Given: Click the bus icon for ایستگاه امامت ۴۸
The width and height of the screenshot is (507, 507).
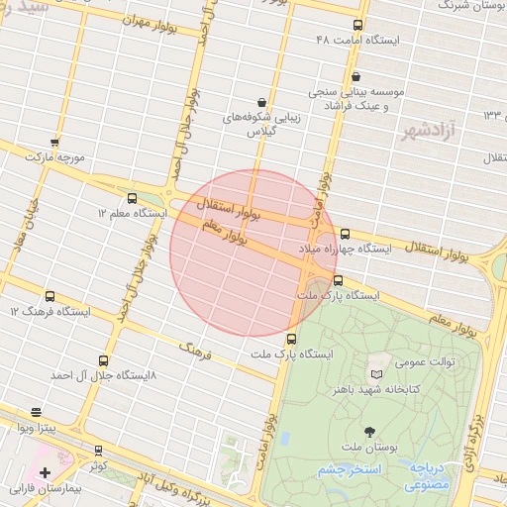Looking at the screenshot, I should click(x=357, y=26).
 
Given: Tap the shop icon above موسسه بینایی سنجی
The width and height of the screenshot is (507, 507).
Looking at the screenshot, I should click(x=355, y=77).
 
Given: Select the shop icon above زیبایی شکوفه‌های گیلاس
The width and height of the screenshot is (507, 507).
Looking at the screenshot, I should click(x=260, y=101).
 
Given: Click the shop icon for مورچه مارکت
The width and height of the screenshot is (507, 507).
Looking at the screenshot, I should click(x=54, y=143).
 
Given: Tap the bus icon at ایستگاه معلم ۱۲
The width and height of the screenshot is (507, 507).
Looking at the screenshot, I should click(x=133, y=198).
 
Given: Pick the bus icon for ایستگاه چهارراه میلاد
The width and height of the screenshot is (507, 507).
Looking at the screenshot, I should click(x=345, y=235).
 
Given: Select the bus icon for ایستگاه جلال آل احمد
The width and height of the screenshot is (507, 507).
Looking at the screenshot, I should click(x=104, y=361).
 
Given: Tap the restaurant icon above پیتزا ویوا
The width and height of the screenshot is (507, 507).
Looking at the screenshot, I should click(x=37, y=412).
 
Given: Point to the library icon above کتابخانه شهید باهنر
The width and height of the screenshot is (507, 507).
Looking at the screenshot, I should click(x=375, y=374).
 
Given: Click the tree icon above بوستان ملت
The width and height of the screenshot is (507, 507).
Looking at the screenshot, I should click(x=370, y=431).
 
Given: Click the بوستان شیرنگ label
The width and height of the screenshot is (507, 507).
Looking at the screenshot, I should click(x=465, y=6).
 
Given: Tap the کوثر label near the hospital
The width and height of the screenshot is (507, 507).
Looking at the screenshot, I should click(x=96, y=463).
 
